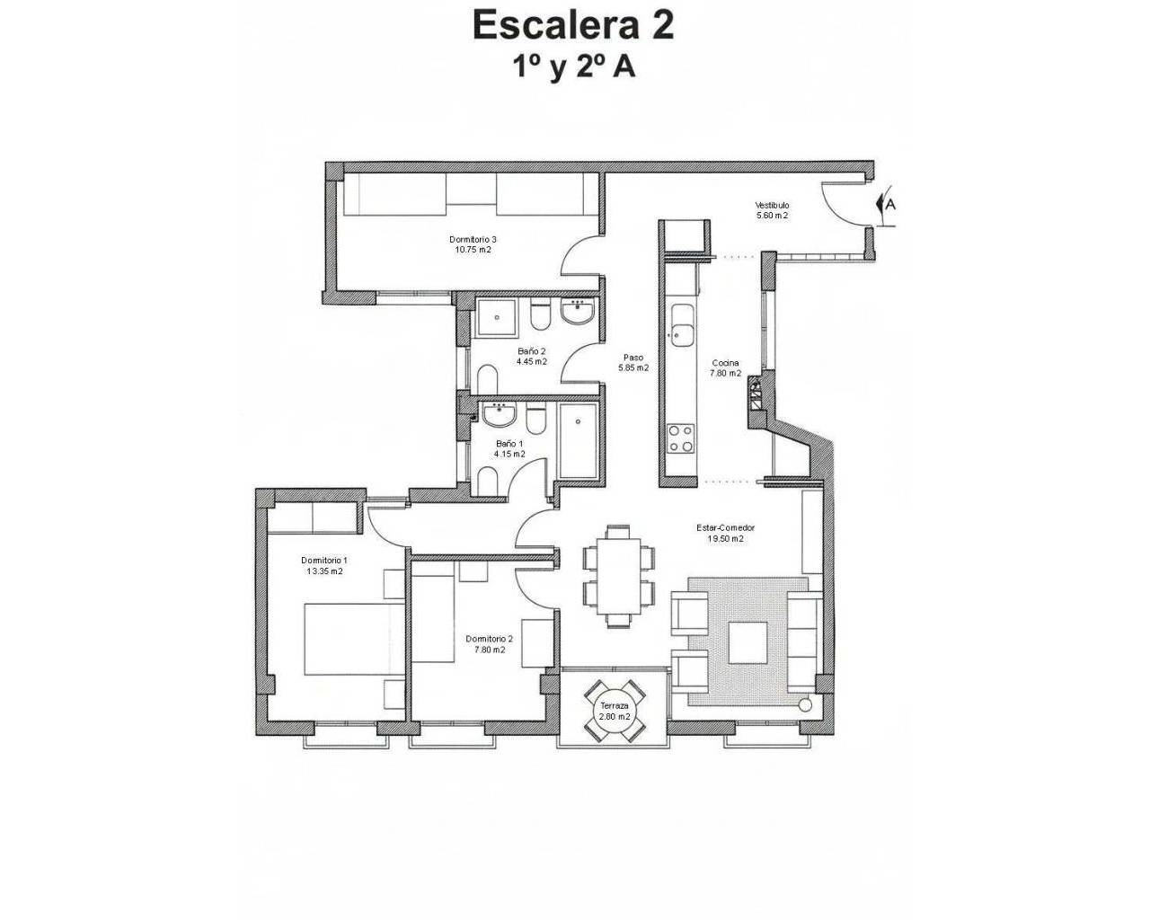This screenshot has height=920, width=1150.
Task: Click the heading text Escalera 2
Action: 572,25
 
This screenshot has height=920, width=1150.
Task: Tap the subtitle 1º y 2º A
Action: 572,68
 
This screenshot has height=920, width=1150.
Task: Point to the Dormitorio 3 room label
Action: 473,239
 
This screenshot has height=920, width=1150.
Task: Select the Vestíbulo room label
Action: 772,206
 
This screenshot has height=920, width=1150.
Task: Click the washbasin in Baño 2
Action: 576,314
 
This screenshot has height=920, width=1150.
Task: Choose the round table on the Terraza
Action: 615,711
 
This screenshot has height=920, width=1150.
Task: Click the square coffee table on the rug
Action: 747,642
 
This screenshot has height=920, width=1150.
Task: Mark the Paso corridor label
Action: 634,357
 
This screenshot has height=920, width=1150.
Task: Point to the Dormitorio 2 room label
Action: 490,640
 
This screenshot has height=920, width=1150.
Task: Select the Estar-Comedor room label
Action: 724,528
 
